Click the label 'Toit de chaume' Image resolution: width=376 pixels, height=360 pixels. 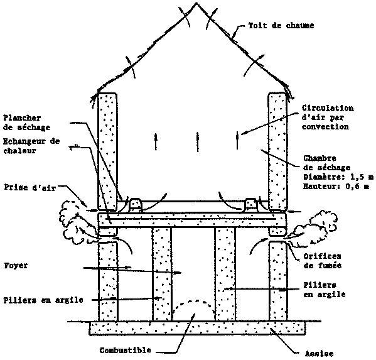[281, 25]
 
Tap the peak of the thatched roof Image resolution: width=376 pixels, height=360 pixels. [196, 3]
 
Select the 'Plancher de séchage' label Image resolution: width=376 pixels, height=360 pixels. [26, 123]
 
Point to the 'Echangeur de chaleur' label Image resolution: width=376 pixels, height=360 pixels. [31, 146]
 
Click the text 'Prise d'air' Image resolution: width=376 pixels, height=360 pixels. [30, 187]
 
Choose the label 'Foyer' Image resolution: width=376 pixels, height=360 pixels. [16, 266]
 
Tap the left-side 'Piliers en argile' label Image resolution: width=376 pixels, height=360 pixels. [43, 300]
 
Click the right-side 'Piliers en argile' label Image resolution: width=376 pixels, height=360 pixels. [325, 290]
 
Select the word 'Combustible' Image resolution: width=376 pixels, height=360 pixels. [126, 350]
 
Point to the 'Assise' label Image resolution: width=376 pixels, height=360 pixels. [319, 354]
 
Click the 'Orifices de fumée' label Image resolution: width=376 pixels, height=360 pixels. [322, 261]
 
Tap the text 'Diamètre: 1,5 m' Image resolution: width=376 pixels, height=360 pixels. [338, 177]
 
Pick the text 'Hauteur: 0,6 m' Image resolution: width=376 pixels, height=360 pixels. [336, 186]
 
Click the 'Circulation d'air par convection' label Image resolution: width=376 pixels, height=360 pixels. [328, 117]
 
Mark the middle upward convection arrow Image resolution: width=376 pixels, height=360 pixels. [197, 141]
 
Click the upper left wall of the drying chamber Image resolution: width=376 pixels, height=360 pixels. [107, 151]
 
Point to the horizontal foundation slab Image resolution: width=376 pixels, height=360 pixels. [197, 329]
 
